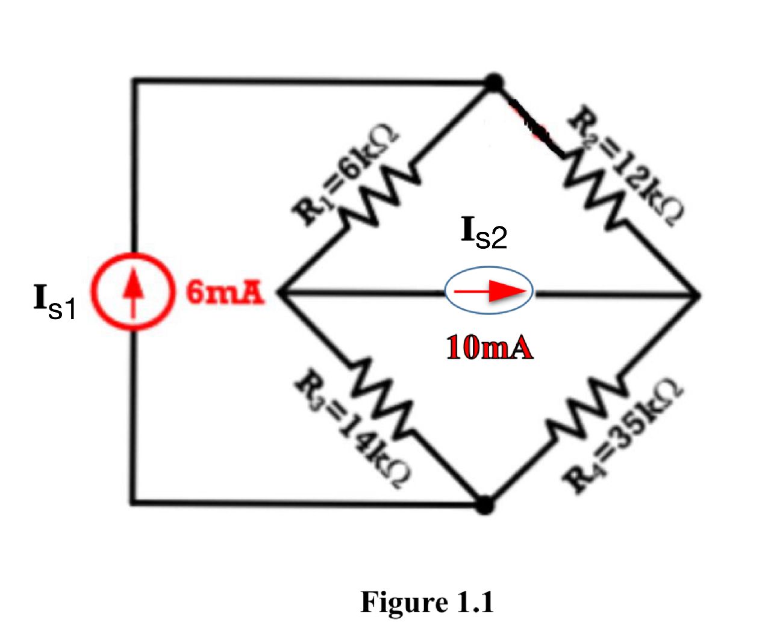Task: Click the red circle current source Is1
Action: pos(134,292)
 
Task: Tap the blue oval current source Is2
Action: pos(489,291)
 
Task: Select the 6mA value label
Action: pos(225,293)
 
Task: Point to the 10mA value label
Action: pos(489,348)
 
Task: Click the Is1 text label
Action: pos(54,302)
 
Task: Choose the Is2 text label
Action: pos(484,233)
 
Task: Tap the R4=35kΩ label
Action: pos(623,435)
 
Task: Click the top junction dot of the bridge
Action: pos(494,83)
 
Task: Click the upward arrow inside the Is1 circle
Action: pos(134,288)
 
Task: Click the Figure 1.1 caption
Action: pos(427,602)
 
